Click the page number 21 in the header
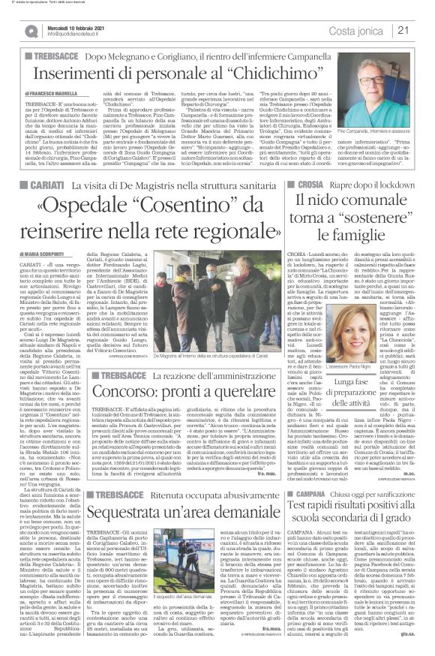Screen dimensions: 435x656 [x=423, y=30]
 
